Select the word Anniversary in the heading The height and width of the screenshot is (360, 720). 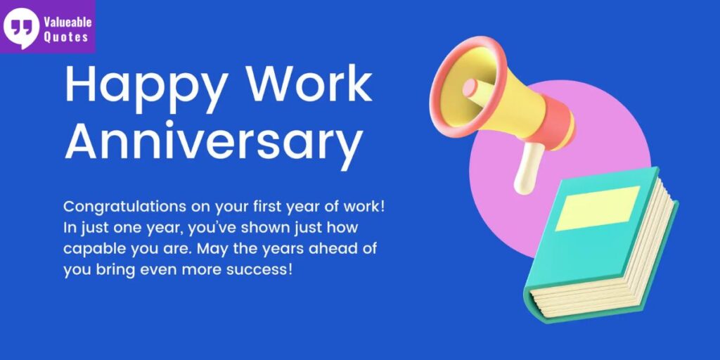tap(214, 141)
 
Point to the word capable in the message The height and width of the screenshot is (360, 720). tap(91, 249)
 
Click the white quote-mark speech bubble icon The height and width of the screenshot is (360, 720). tap(21, 27)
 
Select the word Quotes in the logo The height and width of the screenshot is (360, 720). tap(65, 37)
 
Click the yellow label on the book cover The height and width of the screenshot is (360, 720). tap(597, 208)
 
